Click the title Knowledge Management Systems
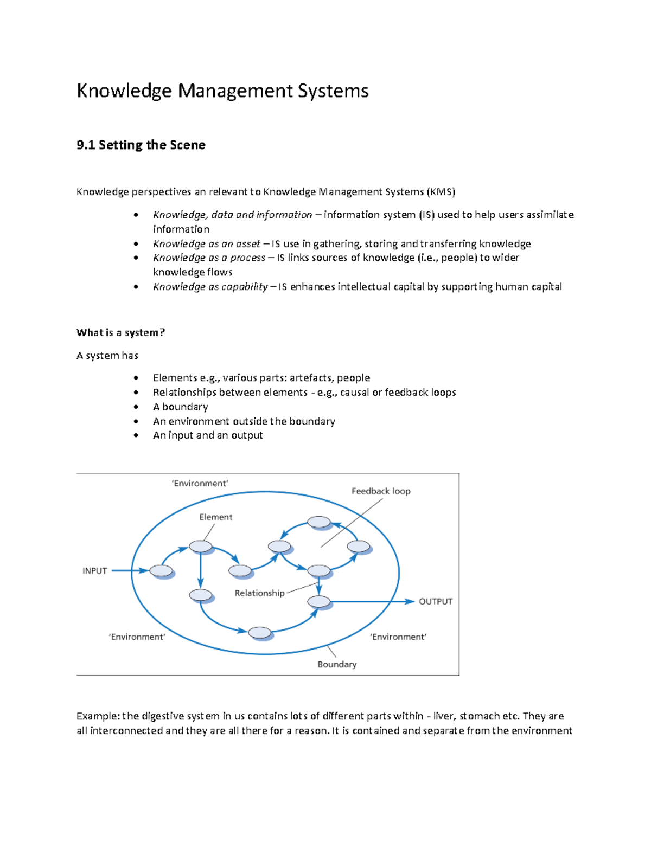[222, 91]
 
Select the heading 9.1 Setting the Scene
[141, 145]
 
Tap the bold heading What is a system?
[120, 333]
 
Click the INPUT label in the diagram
[94, 571]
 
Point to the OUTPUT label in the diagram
[436, 601]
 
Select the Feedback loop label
[381, 491]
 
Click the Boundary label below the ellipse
[337, 665]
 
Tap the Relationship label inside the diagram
[259, 593]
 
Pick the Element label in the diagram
[215, 517]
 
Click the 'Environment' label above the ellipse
[200, 484]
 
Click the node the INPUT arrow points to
[161, 570]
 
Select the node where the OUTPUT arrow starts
[319, 601]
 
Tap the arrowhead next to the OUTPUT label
[410, 601]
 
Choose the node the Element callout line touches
[201, 546]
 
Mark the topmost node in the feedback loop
[319, 522]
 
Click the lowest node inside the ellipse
[260, 632]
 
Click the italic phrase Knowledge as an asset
[207, 244]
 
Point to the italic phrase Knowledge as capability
[210, 287]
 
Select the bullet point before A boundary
[136, 407]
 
